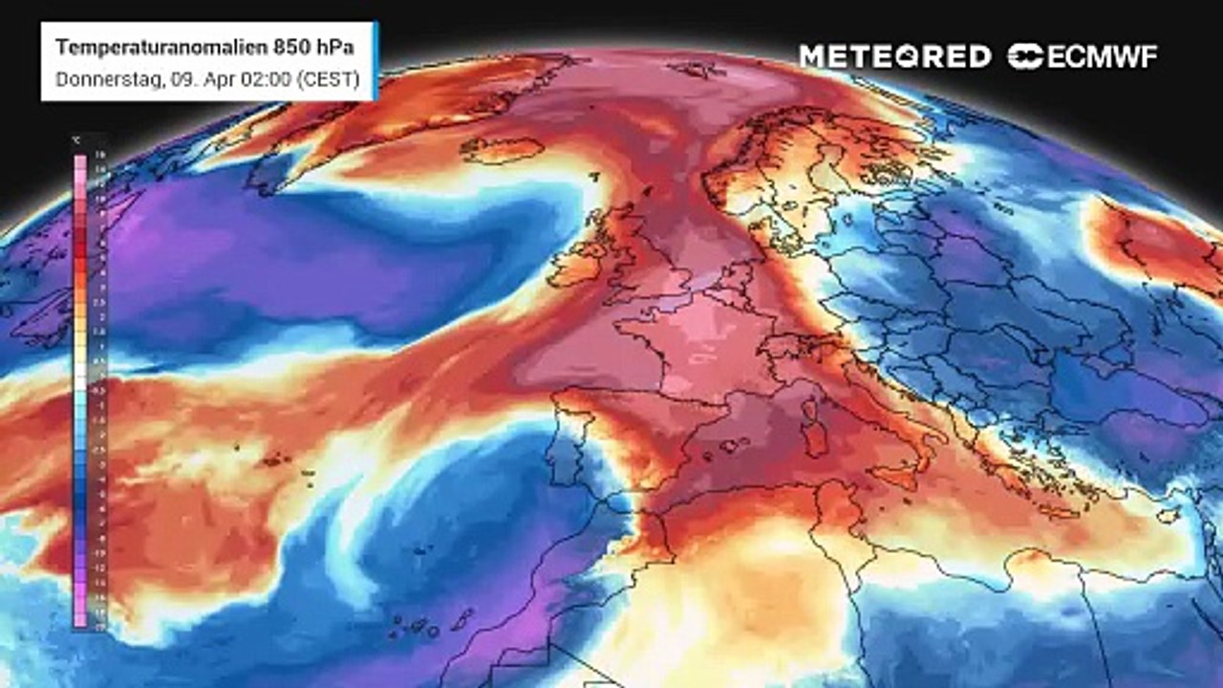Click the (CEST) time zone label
pos(327,80)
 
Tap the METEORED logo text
pos(894,56)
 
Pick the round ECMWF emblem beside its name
pos(1025,56)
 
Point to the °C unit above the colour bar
pos(77,140)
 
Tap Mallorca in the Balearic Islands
pos(732,444)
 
